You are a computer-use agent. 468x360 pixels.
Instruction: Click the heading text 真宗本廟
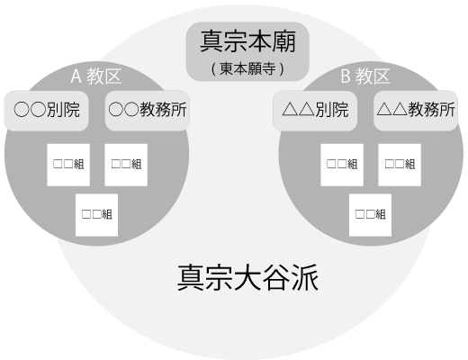click(x=247, y=41)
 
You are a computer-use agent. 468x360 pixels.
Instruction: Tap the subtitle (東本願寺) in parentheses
click(x=247, y=68)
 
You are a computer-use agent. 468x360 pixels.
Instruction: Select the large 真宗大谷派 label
click(x=247, y=277)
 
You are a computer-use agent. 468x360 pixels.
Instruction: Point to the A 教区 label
click(x=96, y=76)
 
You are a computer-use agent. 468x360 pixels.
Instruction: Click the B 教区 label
click(x=365, y=76)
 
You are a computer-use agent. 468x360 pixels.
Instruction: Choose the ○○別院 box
click(x=46, y=111)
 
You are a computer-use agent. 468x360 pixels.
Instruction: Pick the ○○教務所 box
click(x=148, y=111)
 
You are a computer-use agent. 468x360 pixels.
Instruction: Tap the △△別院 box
click(x=315, y=111)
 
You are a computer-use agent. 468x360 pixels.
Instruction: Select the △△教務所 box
click(x=416, y=111)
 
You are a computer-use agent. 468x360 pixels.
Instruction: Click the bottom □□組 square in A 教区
click(x=96, y=215)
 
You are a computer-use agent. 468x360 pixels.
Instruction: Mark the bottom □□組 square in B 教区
click(x=370, y=215)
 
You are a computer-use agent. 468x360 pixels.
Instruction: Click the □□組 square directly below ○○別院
click(x=68, y=165)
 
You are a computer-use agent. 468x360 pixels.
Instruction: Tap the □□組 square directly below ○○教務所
click(x=126, y=165)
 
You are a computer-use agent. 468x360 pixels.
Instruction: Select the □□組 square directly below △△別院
click(x=342, y=165)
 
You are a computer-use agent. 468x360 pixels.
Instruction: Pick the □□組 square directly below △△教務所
click(x=400, y=165)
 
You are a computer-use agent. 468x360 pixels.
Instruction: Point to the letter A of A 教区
click(x=76, y=76)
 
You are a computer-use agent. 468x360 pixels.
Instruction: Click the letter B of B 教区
click(x=346, y=76)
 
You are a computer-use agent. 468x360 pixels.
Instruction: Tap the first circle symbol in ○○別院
click(x=22, y=109)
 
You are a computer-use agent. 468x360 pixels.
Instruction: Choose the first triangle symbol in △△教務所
click(x=384, y=109)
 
